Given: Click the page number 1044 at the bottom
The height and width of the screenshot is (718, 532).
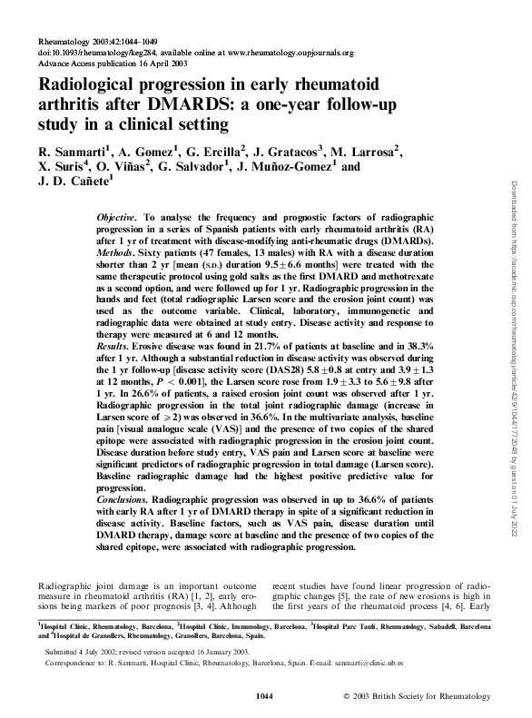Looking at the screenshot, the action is coord(266,696).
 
